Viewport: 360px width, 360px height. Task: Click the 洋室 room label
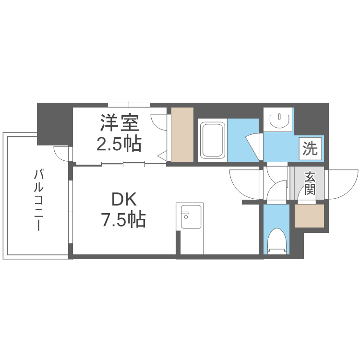click(x=119, y=123)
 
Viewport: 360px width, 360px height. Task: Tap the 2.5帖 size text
click(x=119, y=144)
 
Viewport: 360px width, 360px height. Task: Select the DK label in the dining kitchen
click(x=124, y=199)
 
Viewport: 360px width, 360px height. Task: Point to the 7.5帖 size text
click(x=124, y=220)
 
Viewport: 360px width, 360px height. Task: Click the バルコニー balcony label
click(x=38, y=200)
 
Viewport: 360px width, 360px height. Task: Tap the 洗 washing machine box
click(x=310, y=148)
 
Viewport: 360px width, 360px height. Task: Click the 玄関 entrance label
click(x=310, y=183)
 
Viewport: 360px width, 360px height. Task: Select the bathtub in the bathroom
click(x=212, y=140)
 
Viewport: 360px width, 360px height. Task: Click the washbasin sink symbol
click(x=279, y=120)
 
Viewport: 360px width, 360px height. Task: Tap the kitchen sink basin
click(x=191, y=217)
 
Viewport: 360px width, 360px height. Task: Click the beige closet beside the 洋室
click(x=182, y=134)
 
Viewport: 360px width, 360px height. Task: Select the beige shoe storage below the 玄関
click(x=309, y=216)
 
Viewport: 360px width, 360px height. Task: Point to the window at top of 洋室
click(x=129, y=105)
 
